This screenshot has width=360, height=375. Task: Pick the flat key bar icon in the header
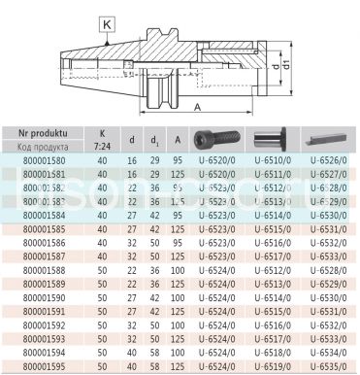pyautogui.click(x=328, y=137)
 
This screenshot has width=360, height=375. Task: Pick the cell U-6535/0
pyautogui.click(x=328, y=368)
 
